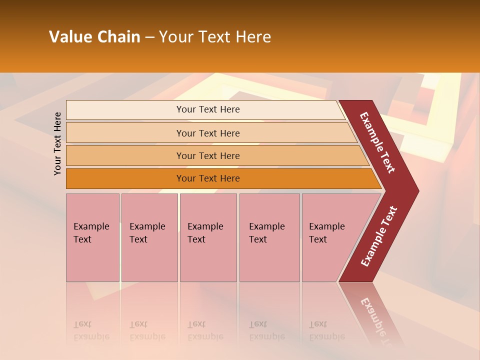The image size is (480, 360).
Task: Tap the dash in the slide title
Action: tap(149, 37)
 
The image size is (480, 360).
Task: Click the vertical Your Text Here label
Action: tap(57, 143)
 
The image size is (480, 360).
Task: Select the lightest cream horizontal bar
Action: tap(125, 109)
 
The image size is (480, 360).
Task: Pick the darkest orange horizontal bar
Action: tap(125, 178)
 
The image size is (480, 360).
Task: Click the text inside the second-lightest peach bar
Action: tap(208, 133)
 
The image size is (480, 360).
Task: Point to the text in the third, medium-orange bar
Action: tap(208, 155)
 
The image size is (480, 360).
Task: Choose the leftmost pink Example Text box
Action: tap(92, 237)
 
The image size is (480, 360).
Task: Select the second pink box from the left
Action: tap(149, 237)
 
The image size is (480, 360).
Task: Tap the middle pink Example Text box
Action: tap(208, 237)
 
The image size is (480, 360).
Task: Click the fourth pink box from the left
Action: tap(269, 237)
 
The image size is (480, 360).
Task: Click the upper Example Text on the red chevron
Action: tap(377, 142)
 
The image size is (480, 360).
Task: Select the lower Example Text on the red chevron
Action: tap(379, 236)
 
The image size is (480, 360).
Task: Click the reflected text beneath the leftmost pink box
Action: tap(91, 330)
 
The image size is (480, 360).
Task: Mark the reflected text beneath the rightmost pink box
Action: tap(326, 330)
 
